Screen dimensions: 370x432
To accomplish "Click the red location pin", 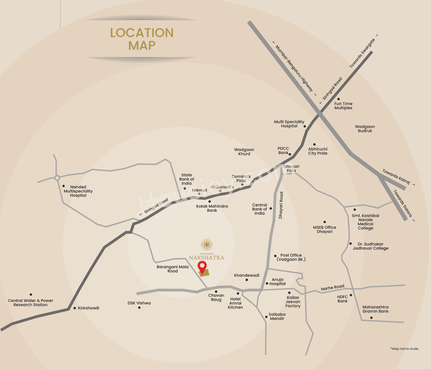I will click(x=202, y=267).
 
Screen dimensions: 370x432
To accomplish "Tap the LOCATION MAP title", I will click(x=142, y=39).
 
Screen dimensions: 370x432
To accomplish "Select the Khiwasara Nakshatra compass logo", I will click(x=207, y=245).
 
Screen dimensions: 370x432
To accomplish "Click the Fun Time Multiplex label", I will click(x=343, y=106).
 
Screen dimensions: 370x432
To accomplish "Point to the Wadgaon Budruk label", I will click(x=365, y=129).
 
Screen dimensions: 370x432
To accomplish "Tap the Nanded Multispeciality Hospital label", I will click(x=78, y=191).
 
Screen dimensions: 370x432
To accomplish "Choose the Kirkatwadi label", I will click(x=88, y=308).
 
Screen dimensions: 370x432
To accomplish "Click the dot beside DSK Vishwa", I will click(x=139, y=308).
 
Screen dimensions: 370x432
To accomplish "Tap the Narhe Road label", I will click(x=332, y=287).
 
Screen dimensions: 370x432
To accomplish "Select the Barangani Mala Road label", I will click(x=172, y=269).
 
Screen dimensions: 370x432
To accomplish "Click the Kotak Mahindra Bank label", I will click(x=212, y=208).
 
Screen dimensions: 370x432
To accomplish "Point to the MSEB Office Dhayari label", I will click(x=325, y=229).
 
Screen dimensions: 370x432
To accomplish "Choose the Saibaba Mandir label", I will click(x=277, y=316).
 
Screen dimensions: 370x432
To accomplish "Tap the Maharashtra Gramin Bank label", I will click(x=375, y=309).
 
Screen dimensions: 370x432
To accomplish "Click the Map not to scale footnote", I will click(x=404, y=349).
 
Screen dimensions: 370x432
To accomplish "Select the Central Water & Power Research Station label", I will click(x=30, y=303).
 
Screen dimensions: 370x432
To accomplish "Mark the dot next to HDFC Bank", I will click(x=351, y=295).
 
